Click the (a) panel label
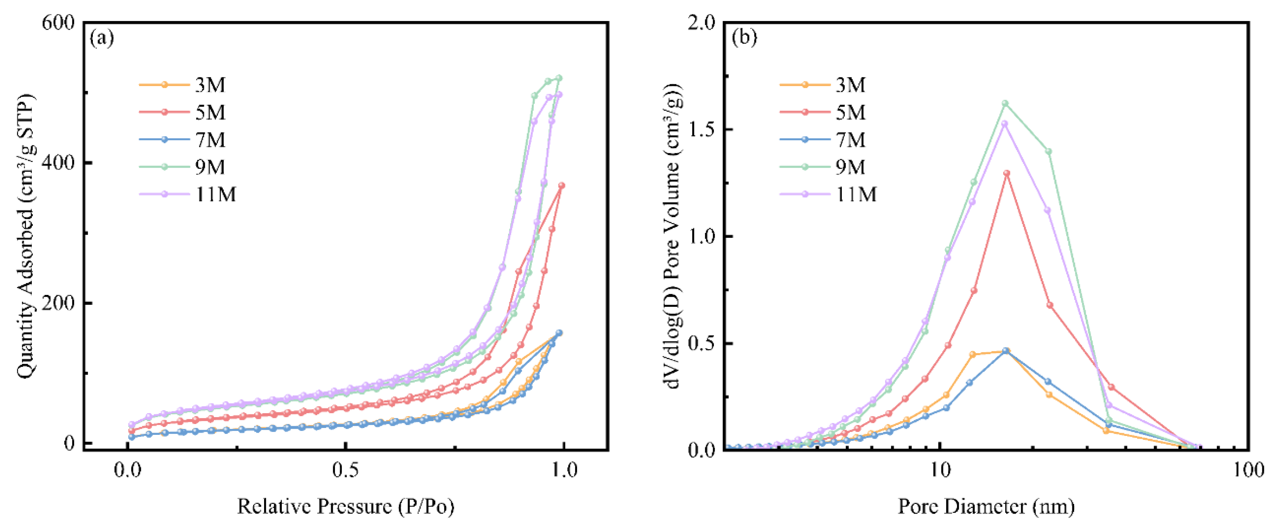click(102, 39)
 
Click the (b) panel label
click(744, 39)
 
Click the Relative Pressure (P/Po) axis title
click(345, 506)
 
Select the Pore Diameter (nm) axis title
click(986, 506)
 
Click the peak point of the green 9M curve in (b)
click(1005, 103)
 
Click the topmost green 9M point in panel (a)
click(559, 78)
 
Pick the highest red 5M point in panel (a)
click(562, 186)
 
